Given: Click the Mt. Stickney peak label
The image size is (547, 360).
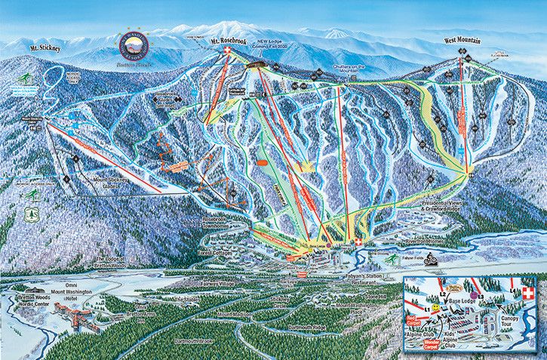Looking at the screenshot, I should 45,48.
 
